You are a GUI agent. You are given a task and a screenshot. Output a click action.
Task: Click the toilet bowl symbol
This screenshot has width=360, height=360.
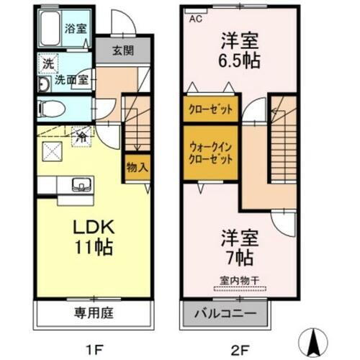tap(52, 109)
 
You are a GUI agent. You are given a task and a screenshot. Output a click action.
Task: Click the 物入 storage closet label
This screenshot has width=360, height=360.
tap(138, 167)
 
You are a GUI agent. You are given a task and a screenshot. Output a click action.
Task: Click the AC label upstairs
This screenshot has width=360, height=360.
tap(195, 19)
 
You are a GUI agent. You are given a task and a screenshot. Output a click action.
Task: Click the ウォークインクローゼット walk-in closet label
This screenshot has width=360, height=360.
tap(211, 152)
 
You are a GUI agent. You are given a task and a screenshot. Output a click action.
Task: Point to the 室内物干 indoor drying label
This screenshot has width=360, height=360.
tap(239, 282)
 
